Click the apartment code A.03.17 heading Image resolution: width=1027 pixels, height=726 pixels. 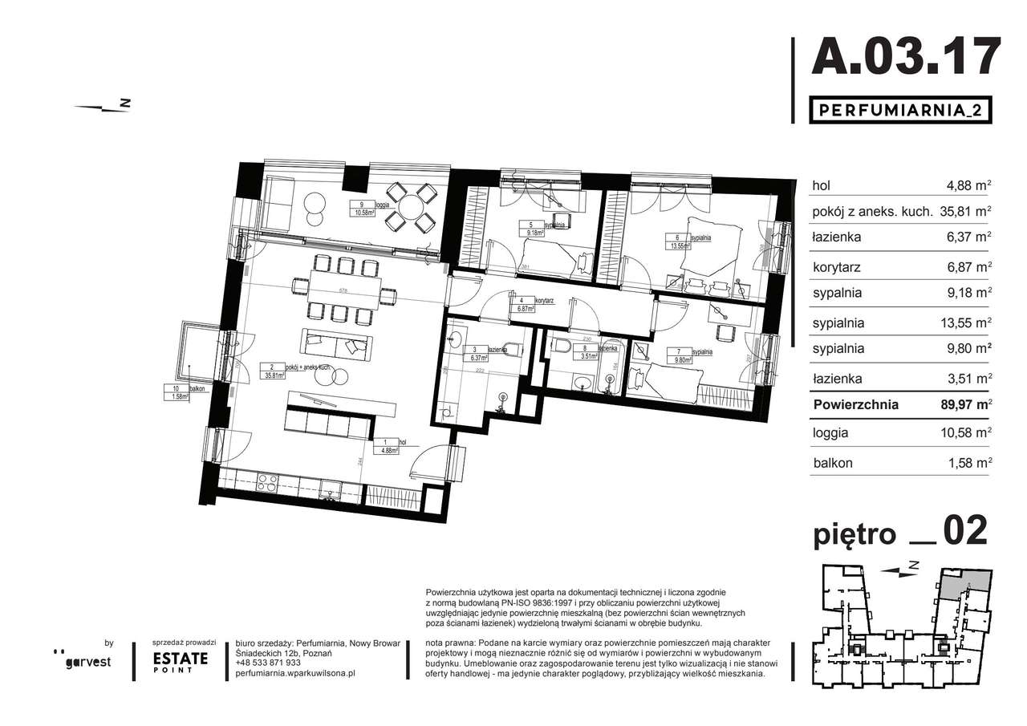point(906,58)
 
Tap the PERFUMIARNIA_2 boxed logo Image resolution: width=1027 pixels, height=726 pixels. point(899,110)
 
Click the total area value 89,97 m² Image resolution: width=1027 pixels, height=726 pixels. point(967,405)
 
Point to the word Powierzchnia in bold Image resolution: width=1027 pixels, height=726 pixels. point(855,405)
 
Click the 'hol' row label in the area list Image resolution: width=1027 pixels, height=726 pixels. point(821,185)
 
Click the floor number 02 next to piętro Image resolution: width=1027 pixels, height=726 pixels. point(964,531)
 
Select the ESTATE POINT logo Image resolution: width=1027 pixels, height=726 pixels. point(181,661)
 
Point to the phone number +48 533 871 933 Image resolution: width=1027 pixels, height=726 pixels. point(269,663)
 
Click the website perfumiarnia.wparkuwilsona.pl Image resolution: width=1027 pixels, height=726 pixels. point(296,673)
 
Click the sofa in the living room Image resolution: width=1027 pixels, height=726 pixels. point(336,345)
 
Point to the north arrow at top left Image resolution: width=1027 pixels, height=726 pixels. point(101,106)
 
